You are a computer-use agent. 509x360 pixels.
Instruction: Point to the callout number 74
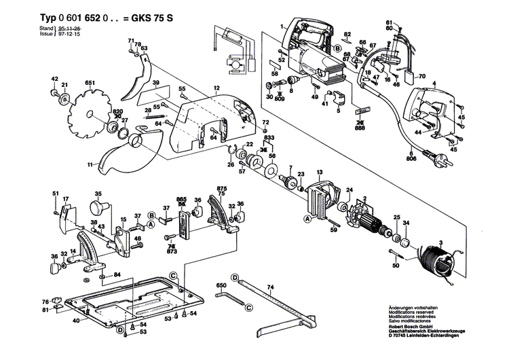(x=269, y=288)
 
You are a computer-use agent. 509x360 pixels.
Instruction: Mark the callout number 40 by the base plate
(x=77, y=320)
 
